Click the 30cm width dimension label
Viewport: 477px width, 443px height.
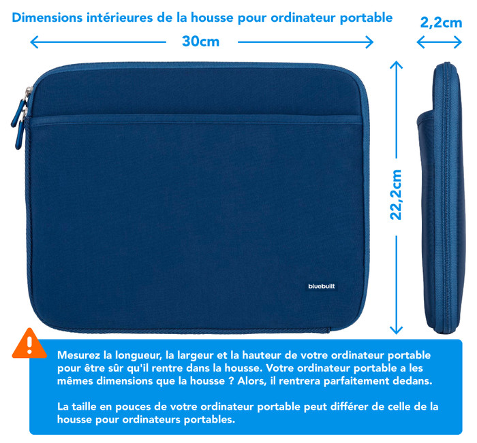click(200, 42)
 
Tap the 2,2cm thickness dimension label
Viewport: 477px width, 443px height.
click(440, 22)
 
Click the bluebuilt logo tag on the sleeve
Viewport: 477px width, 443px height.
click(321, 286)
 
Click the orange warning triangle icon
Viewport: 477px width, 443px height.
click(29, 344)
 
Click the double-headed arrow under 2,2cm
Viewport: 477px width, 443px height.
click(440, 42)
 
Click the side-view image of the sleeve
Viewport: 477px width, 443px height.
click(440, 197)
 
